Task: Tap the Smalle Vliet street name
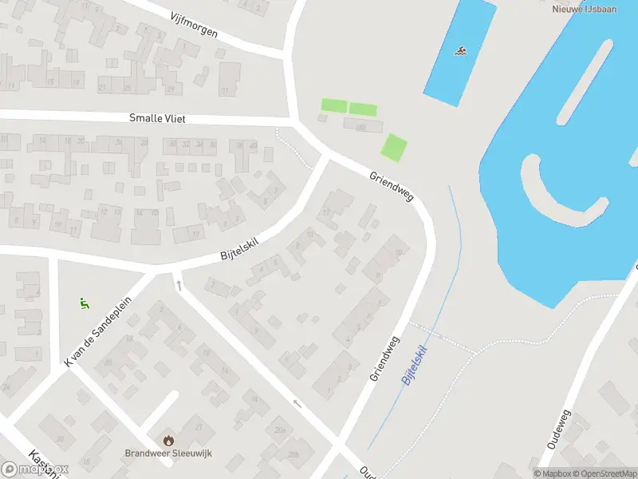[x=157, y=118]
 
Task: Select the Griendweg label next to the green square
[x=392, y=185]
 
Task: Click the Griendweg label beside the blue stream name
[x=384, y=358]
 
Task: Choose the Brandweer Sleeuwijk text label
[x=168, y=453]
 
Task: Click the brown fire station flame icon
[x=168, y=440]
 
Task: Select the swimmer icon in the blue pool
[x=460, y=52]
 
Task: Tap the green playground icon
[x=83, y=303]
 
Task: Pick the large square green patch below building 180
[x=394, y=148]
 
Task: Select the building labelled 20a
[x=279, y=430]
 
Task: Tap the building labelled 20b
[x=293, y=454]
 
